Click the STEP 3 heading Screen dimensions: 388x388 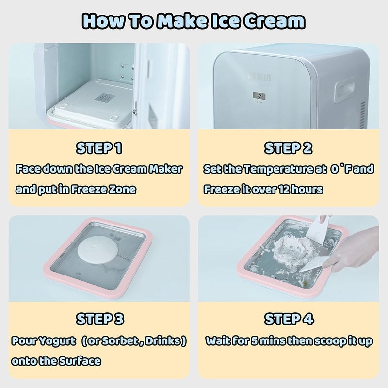99,319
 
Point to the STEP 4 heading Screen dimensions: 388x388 289,319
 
